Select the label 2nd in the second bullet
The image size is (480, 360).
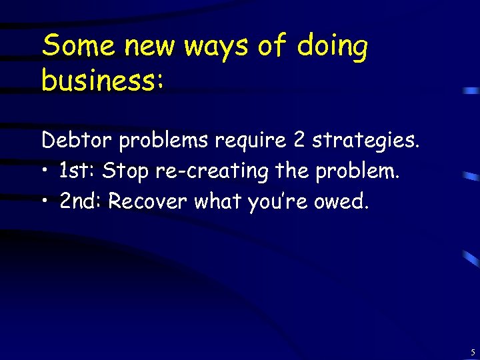[x=81, y=202]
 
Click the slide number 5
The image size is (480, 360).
[x=472, y=352]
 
